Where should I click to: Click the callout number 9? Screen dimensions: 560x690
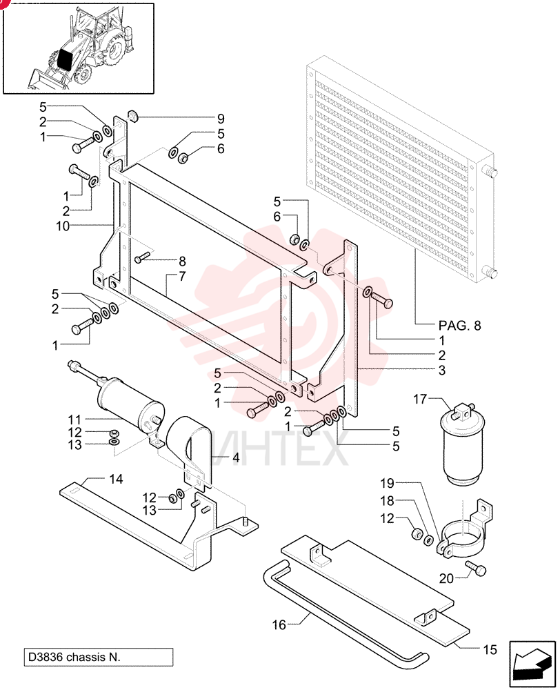tap(221, 119)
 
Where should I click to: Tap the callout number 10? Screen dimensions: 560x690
tap(63, 226)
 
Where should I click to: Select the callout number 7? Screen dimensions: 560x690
tap(182, 277)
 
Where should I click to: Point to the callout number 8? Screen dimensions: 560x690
tap(182, 262)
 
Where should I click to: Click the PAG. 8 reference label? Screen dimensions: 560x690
tap(460, 326)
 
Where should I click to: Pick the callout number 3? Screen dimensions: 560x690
tap(442, 371)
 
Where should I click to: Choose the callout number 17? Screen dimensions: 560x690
tap(420, 399)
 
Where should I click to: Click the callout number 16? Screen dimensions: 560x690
tap(279, 624)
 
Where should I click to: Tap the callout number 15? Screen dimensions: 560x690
tap(490, 649)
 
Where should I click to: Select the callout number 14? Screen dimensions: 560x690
tap(116, 479)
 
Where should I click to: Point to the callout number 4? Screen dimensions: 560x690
tap(236, 457)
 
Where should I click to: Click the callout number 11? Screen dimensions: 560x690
tap(74, 420)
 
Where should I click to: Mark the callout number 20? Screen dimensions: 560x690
tap(446, 578)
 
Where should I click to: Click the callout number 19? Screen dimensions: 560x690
tap(387, 483)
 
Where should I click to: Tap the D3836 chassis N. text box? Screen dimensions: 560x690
tap(99, 657)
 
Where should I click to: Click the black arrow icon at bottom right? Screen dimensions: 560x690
tap(532, 664)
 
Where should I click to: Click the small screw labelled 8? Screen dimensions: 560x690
tap(143, 257)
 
